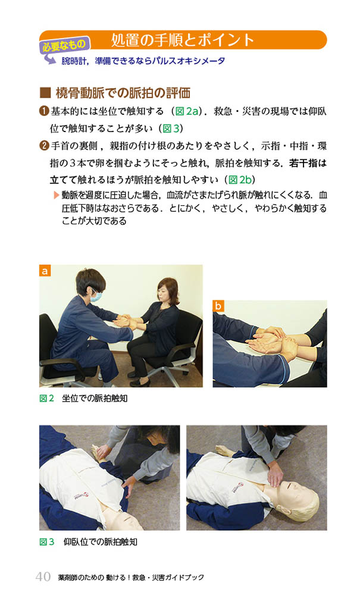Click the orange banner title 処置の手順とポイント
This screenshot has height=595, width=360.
[183, 40]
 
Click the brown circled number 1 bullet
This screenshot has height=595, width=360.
[44, 111]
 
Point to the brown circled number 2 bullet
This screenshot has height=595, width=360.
[44, 146]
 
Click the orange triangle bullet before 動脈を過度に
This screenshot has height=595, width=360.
[57, 195]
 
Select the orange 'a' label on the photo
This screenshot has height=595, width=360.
[45, 271]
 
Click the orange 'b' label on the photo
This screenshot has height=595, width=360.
[218, 306]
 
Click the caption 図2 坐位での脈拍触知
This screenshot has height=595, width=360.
[83, 399]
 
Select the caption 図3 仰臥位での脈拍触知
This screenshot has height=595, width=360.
[89, 542]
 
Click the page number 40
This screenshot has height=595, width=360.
[43, 577]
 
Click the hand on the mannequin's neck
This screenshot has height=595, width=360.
[275, 474]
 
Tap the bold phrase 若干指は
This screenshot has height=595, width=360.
[308, 163]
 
